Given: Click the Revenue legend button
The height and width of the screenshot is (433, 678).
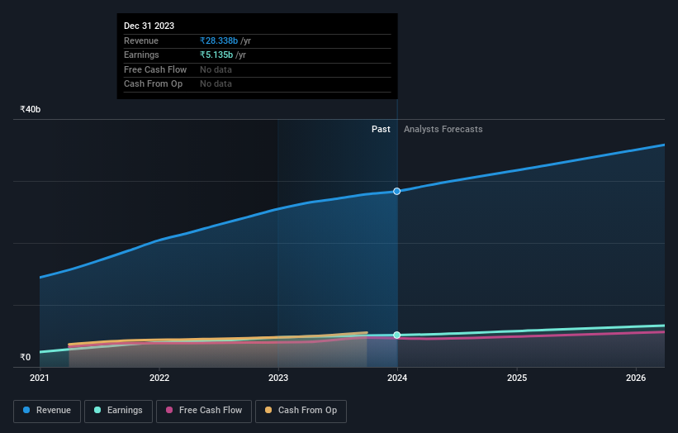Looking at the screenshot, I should pos(47,411).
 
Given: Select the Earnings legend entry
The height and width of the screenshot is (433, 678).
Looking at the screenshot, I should pos(118,411).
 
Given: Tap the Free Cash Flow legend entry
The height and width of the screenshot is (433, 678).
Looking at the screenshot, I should pos(203,411).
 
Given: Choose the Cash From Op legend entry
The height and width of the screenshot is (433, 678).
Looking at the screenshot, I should pos(301,411).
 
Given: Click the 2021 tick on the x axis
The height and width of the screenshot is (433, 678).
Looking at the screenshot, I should pos(40,378).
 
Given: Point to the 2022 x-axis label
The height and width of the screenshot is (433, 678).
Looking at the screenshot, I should pos(159,378).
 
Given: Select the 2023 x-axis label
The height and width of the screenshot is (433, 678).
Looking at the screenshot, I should pos(278,378).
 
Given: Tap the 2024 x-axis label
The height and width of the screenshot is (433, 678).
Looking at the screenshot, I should pos(397,378).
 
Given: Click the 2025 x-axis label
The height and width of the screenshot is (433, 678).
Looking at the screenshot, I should pos(517,378).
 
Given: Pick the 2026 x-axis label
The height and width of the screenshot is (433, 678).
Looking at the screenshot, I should pos(636,378).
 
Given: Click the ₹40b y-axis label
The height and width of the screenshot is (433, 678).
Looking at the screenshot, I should pos(31,110).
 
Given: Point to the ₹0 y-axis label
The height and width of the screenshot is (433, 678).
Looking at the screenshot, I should pos(25,358).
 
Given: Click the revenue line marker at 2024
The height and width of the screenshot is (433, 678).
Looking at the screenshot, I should pos(397,192).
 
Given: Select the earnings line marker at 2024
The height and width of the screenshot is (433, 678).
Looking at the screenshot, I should pos(397,335).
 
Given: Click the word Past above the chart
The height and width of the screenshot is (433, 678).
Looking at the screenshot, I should pos(381,130).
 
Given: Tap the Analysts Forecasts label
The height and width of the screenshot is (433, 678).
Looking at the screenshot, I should pos(443,130).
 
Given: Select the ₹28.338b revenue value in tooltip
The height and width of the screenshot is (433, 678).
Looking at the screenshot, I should pos(219,41).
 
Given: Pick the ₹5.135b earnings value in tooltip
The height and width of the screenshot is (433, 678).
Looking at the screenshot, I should pos(216,55).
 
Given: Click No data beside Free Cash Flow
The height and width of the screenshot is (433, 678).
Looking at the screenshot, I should pos(216,69).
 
